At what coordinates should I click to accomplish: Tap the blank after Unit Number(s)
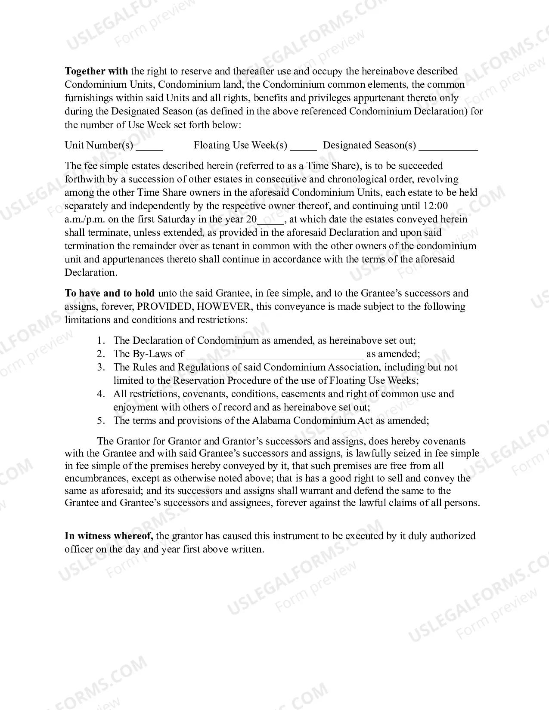149,146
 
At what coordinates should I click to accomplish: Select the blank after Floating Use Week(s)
303,146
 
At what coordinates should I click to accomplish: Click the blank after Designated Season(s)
448,146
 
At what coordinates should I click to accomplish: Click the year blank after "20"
271,220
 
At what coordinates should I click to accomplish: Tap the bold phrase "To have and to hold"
109,293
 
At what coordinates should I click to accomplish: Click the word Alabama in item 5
271,421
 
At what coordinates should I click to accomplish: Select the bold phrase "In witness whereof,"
109,536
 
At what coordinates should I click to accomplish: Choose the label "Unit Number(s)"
99,145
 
